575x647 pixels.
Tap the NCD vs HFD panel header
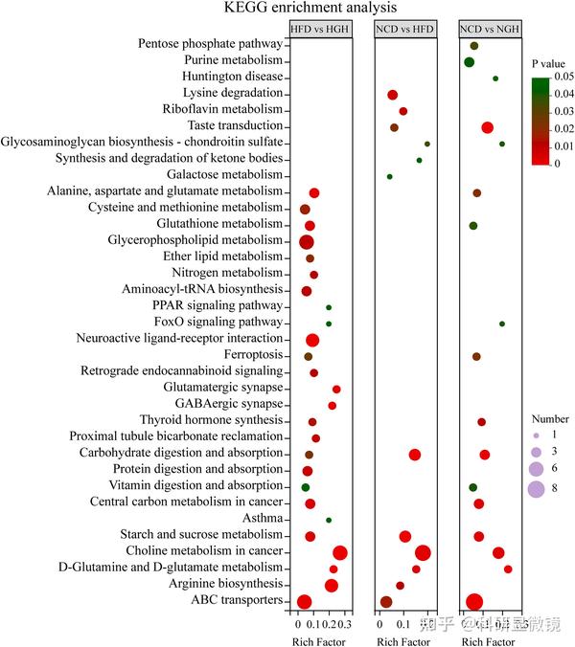[404, 30]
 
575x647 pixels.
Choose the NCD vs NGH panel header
[489, 30]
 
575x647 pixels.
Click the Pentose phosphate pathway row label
[210, 44]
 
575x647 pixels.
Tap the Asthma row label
[264, 519]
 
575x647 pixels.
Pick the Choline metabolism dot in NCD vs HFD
[423, 552]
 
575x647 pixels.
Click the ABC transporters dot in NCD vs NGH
[473, 601]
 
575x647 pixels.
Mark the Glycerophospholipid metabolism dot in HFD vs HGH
[307, 241]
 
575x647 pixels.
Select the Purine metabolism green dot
[469, 62]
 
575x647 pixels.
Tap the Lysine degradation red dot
[393, 95]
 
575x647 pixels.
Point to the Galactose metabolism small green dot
[389, 176]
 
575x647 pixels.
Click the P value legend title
[551, 63]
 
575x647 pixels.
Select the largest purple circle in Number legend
[536, 489]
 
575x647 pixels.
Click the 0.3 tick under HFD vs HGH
[346, 624]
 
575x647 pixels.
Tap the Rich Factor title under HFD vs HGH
[319, 640]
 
